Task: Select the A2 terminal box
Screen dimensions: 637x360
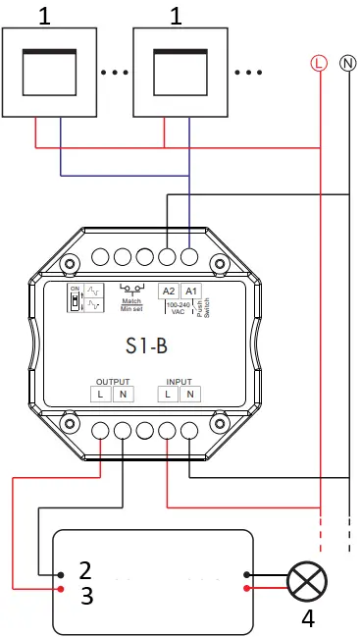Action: click(168, 292)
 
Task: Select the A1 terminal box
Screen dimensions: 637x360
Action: click(190, 292)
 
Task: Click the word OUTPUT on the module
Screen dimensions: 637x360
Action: click(112, 380)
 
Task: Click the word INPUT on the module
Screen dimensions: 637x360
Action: click(179, 380)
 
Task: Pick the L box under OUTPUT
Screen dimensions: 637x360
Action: click(101, 395)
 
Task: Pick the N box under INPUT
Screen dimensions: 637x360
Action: click(190, 395)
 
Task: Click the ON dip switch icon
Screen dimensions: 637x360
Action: click(75, 297)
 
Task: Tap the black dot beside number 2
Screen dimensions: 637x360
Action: click(61, 574)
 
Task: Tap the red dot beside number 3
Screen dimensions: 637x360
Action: click(61, 589)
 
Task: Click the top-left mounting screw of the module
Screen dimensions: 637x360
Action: click(70, 263)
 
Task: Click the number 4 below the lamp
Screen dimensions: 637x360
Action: click(307, 619)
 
